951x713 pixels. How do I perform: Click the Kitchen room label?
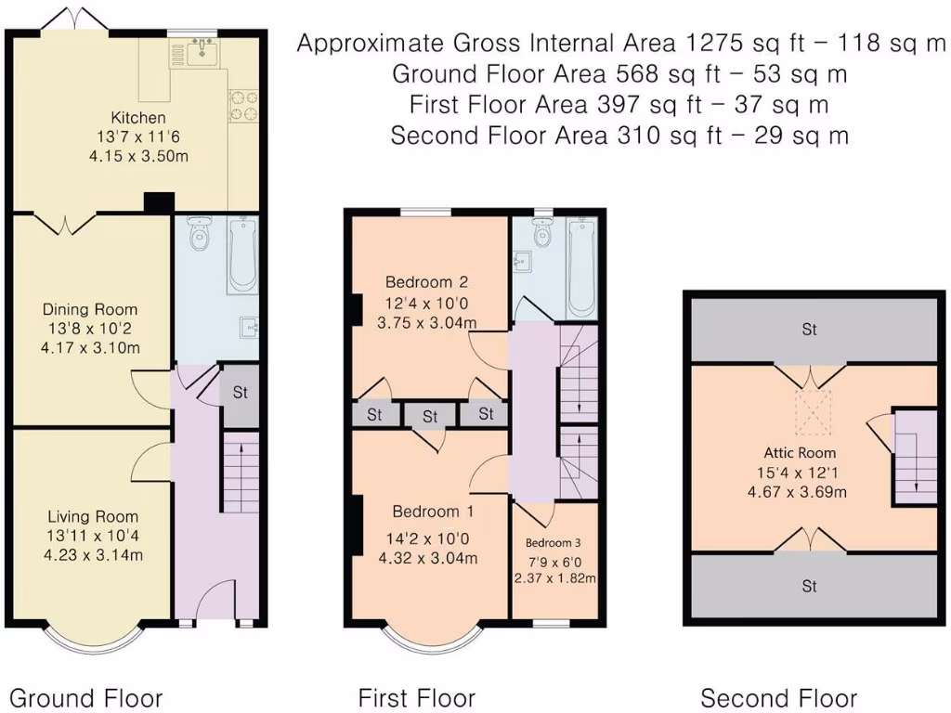pos(138,117)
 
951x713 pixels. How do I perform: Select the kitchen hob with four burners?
pos(243,106)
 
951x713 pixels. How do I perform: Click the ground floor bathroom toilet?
pos(198,234)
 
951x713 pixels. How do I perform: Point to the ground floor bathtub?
pos(242,254)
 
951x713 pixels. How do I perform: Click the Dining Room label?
pos(90,309)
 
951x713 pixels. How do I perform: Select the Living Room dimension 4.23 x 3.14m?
pos(93,555)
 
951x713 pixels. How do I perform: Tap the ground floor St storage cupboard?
pos(240,395)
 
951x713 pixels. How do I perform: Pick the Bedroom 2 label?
pos(427,282)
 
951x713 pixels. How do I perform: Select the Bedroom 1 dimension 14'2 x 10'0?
pos(427,538)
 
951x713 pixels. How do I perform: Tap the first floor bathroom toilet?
pos(541,231)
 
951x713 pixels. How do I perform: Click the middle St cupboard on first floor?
pos(430,416)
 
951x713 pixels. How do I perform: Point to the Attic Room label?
pos(800,453)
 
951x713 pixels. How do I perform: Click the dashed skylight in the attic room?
pos(813,411)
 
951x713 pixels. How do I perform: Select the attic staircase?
pos(916,457)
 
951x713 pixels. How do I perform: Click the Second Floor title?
pos(779,698)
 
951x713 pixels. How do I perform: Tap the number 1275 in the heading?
pos(715,43)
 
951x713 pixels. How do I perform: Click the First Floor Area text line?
pos(619,104)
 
